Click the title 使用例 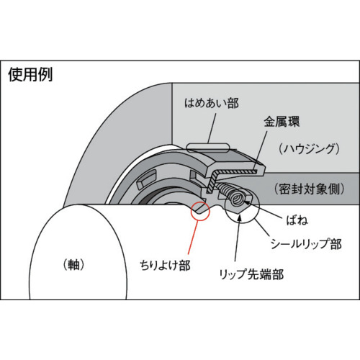click(x=30, y=74)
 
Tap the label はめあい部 click(x=212, y=103)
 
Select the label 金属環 click(x=282, y=122)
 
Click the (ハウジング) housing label click(x=310, y=149)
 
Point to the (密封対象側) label click(x=310, y=189)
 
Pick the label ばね click(x=297, y=220)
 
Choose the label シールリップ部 click(x=306, y=244)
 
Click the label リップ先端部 click(x=251, y=274)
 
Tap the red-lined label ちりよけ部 click(x=165, y=266)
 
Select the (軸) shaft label click(x=73, y=265)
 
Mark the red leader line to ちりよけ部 click(x=193, y=238)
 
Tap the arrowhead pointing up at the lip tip click(x=239, y=218)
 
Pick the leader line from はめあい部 click(x=212, y=128)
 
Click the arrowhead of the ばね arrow click(x=247, y=203)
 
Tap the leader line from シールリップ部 click(x=261, y=228)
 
